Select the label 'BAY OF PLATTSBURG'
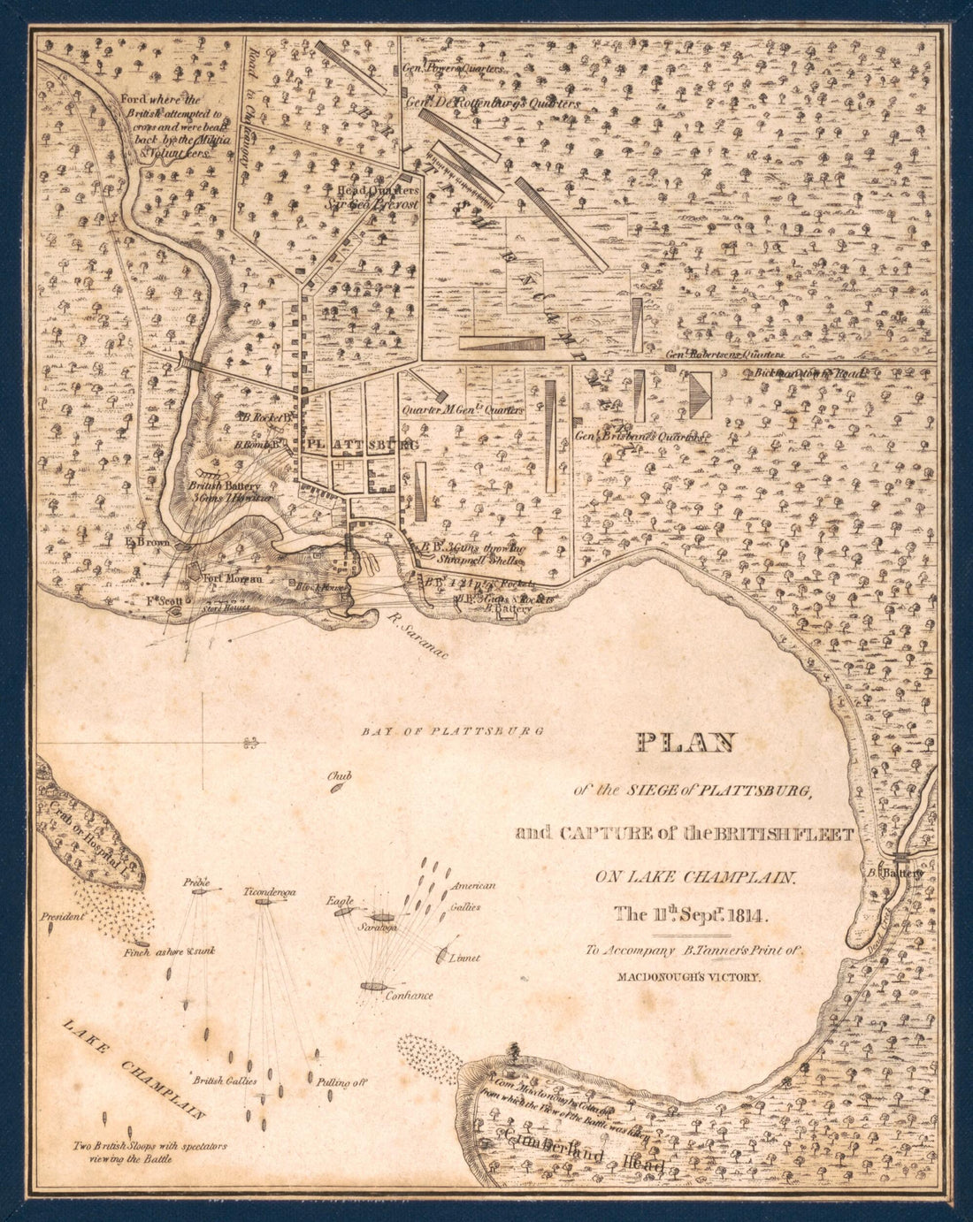[x=453, y=731]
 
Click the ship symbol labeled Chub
[x=337, y=790]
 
